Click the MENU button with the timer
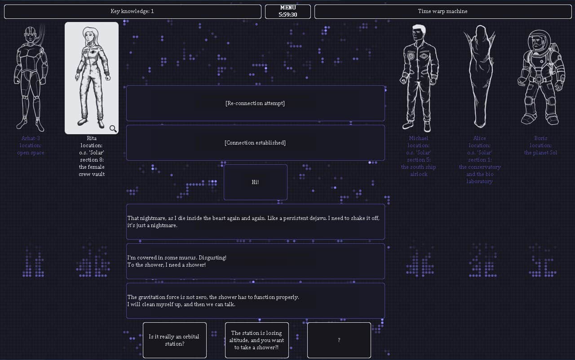pos(287,11)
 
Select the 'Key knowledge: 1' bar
pos(133,11)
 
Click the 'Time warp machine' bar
pos(442,11)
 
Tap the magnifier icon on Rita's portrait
pos(113,129)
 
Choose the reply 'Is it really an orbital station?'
pos(174,340)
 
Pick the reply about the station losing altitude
pos(257,340)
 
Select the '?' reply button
pos(339,340)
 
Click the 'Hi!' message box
pos(255,182)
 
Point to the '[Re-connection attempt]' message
pos(255,103)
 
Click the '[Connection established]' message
pos(255,143)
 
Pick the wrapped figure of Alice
pos(479,76)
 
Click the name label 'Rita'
pos(92,138)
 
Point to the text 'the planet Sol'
pos(540,153)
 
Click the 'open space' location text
pos(31,153)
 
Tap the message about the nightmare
pos(255,222)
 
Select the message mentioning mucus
pos(255,261)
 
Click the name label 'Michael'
pos(419,138)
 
